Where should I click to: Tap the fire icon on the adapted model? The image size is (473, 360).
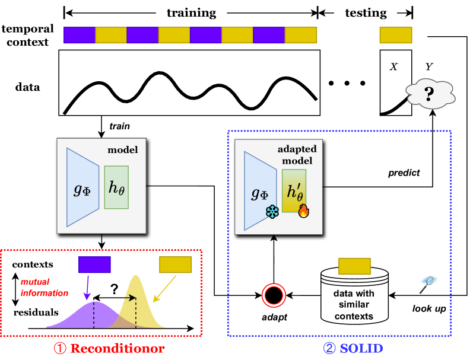click(303, 211)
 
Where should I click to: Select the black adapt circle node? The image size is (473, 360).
click(274, 295)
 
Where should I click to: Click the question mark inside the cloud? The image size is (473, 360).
click(429, 93)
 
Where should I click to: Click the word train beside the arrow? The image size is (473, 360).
click(119, 126)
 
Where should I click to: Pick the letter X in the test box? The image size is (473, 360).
click(393, 66)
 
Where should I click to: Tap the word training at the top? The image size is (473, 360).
click(191, 12)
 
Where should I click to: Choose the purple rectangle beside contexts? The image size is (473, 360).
click(94, 263)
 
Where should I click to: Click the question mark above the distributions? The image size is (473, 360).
click(115, 287)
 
